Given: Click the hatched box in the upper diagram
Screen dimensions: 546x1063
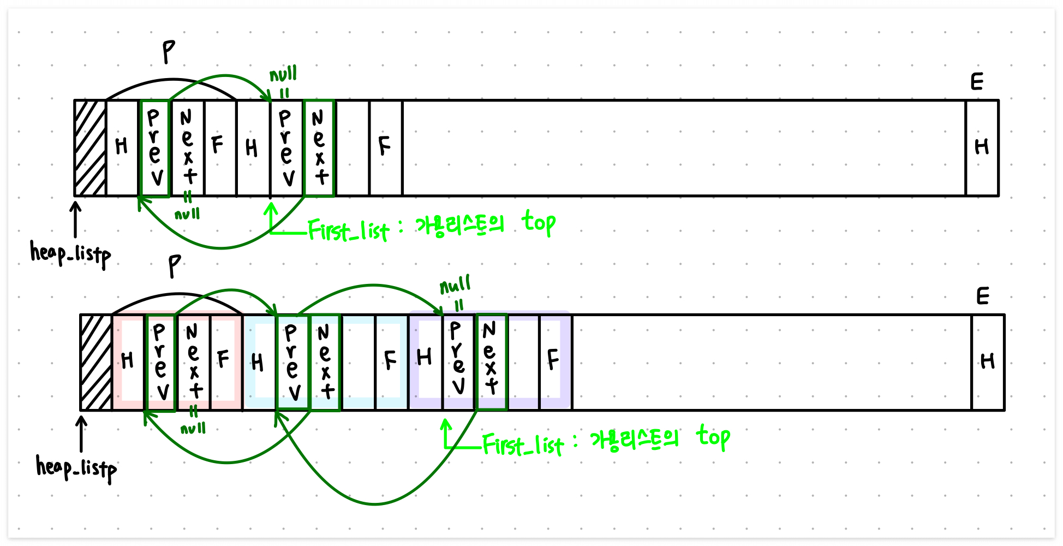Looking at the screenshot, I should tap(90, 148).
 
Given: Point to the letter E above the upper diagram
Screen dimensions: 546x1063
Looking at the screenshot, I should tap(977, 82).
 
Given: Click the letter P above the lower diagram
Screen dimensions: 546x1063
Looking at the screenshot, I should tap(174, 266).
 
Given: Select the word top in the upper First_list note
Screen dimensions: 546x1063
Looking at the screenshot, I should tap(539, 222).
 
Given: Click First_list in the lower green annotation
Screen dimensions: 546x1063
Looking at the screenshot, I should tap(522, 446).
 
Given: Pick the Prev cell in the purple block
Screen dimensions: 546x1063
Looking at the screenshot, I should tap(458, 362).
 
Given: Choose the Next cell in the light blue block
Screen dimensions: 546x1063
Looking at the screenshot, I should tap(326, 362).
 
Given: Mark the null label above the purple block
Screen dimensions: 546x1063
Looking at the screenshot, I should tap(455, 286).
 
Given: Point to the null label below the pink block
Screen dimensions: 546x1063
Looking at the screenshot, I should tap(193, 429).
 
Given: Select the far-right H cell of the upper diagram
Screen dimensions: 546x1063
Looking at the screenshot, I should tap(982, 147).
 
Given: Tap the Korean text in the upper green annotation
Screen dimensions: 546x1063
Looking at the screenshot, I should tap(459, 225).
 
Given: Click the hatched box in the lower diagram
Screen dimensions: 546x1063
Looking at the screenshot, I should tap(96, 362).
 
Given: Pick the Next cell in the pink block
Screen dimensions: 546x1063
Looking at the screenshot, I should tap(194, 362).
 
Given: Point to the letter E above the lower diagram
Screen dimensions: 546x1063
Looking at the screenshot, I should tap(983, 296).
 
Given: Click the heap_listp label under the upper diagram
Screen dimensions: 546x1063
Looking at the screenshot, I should tap(70, 254).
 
